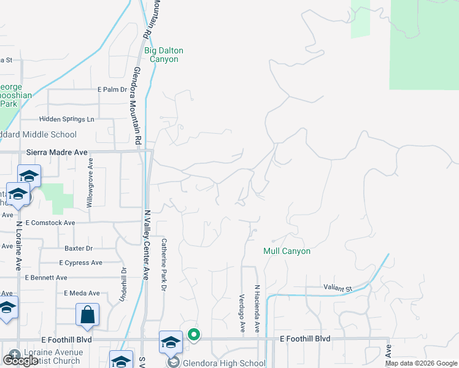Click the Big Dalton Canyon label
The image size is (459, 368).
point(164,55)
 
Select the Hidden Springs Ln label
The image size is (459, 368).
point(67,119)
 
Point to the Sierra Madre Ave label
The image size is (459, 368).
point(57,152)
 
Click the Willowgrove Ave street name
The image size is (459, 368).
point(90,182)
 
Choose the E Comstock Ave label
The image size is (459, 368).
point(50,223)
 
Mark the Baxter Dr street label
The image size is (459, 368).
point(79,248)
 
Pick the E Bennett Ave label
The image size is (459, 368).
point(46,278)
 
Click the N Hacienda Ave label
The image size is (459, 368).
point(258,309)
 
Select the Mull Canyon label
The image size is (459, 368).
point(287,251)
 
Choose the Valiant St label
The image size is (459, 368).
point(338,288)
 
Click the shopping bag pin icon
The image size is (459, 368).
point(87,315)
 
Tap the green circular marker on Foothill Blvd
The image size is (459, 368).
point(194,334)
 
